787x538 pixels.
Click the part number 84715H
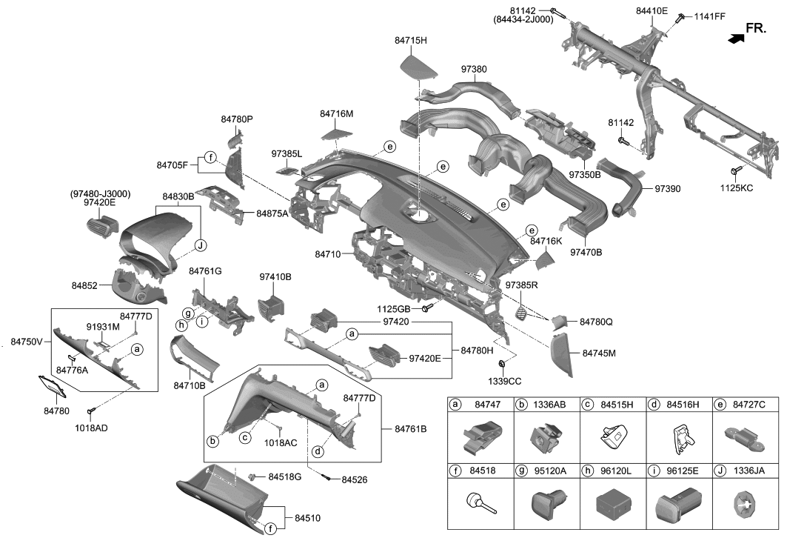pyautogui.click(x=413, y=41)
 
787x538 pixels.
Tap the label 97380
pyautogui.click(x=474, y=69)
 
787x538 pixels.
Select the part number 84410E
pyautogui.click(x=652, y=11)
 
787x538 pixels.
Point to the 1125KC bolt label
pyautogui.click(x=737, y=188)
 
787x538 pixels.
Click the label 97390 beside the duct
pyautogui.click(x=667, y=189)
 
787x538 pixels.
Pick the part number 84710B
pyautogui.click(x=190, y=385)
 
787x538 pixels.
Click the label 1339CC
pyautogui.click(x=504, y=382)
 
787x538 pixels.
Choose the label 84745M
pyautogui.click(x=599, y=353)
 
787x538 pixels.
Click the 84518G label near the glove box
pyautogui.click(x=284, y=476)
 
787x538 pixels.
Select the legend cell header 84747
pyautogui.click(x=487, y=405)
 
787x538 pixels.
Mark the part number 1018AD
pyautogui.click(x=92, y=428)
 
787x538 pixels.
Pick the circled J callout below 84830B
pyautogui.click(x=199, y=245)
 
